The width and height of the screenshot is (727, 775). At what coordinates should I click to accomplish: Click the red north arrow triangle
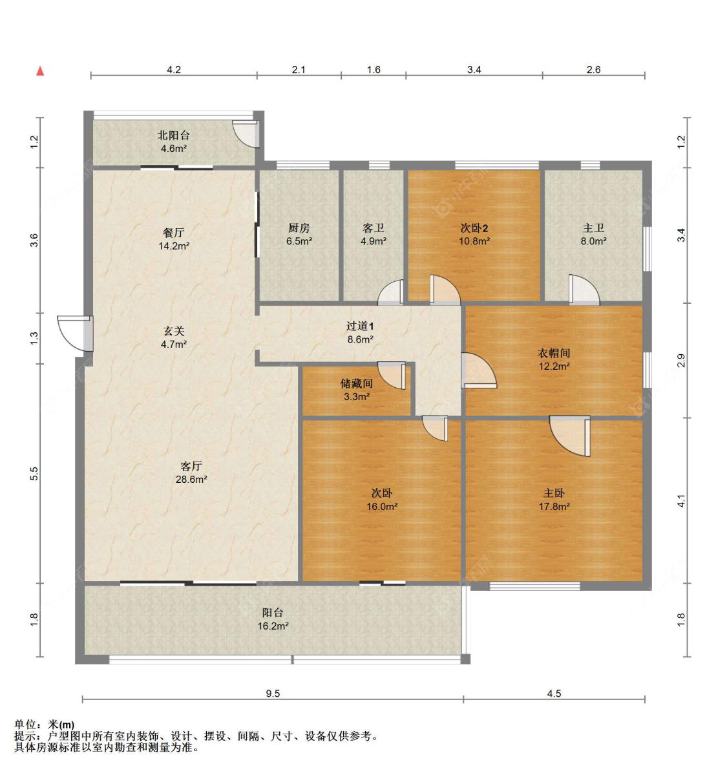40,71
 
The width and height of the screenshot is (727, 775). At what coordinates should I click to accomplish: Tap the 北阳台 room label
174,135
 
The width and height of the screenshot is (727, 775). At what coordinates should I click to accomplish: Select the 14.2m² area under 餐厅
174,246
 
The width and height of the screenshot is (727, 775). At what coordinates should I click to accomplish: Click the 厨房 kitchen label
299,228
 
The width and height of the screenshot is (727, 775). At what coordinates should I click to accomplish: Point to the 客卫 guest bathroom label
374,228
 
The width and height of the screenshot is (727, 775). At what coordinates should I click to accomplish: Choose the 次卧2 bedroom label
474,228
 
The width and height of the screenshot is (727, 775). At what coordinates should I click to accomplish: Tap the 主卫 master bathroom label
593,228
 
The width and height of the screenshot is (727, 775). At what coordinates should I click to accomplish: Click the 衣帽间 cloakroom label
554,353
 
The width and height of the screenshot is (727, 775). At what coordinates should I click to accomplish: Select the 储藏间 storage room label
356,383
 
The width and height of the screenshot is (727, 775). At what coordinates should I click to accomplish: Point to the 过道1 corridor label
360,326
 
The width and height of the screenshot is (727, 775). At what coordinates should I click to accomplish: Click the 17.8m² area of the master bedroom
554,507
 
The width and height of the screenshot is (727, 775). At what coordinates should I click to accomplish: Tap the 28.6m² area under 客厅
191,480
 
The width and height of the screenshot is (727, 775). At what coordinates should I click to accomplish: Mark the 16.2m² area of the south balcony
273,626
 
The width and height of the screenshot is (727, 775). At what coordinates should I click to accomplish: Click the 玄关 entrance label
173,331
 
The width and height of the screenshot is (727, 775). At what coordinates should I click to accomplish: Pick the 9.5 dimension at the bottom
273,694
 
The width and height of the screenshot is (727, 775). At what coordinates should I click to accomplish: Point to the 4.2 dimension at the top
174,70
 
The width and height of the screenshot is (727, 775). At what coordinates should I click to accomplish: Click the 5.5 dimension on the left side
35,474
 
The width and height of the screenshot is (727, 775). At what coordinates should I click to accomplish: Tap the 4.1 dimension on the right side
681,501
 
